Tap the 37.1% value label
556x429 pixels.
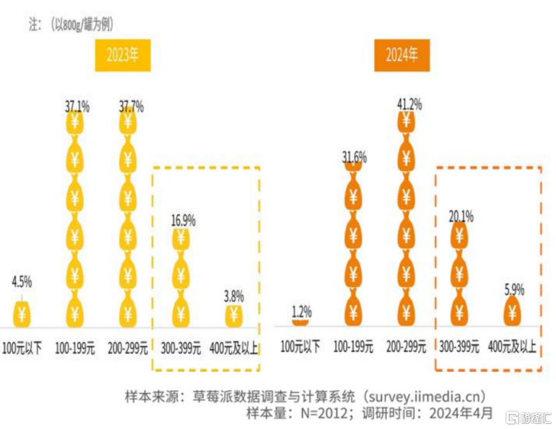click(x=77, y=106)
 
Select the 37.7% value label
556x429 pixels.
click(x=130, y=106)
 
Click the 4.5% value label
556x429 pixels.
click(x=21, y=281)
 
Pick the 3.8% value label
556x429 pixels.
click(x=234, y=295)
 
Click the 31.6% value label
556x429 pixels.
click(x=355, y=158)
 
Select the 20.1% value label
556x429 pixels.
click(x=460, y=216)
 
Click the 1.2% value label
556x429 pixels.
click(x=301, y=311)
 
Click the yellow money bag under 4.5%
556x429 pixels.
click(x=23, y=313)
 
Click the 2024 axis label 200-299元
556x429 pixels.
click(x=407, y=347)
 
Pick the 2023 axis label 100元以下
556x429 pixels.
click(x=22, y=348)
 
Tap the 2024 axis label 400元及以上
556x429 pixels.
click(x=512, y=347)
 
